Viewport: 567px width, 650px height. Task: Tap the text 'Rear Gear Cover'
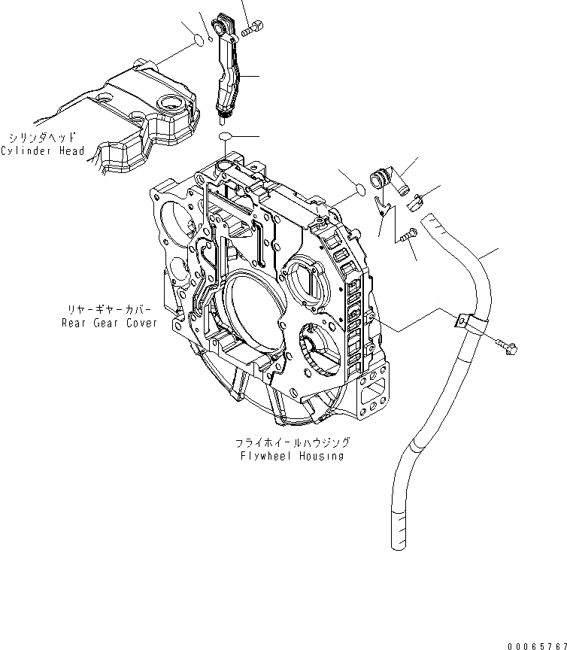pos(110,323)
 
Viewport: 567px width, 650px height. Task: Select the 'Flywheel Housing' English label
pos(293,456)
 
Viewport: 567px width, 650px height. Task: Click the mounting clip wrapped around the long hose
pos(465,323)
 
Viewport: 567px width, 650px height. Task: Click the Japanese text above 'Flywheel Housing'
pos(293,443)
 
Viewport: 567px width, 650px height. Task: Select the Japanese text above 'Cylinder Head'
pos(42,138)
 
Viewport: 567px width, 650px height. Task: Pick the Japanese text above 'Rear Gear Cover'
pos(109,310)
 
